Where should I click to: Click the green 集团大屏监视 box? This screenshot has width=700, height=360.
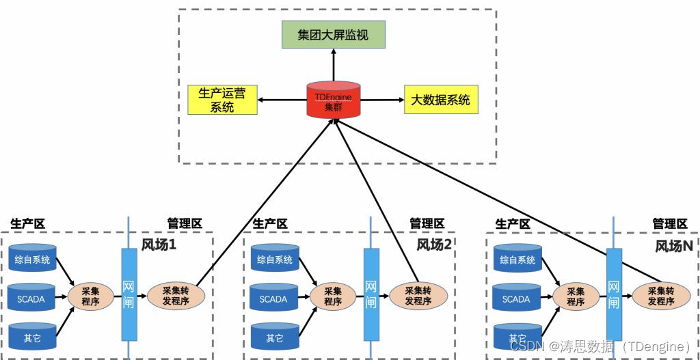pyautogui.click(x=334, y=35)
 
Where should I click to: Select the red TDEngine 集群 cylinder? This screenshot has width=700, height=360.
pyautogui.click(x=334, y=100)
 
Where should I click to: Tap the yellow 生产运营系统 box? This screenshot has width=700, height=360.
pyautogui.click(x=221, y=100)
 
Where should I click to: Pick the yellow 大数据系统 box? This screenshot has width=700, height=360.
pyautogui.click(x=440, y=100)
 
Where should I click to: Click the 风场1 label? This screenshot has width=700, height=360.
pyautogui.click(x=159, y=245)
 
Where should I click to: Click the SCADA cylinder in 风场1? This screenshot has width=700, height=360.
pyautogui.click(x=32, y=298)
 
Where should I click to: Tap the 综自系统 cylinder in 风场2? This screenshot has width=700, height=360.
pyautogui.click(x=275, y=259)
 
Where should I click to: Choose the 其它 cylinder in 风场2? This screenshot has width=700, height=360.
pyautogui.click(x=275, y=337)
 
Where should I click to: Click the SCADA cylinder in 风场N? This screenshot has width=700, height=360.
pyautogui.click(x=517, y=298)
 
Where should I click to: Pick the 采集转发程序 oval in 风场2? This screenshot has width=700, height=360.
pyautogui.click(x=418, y=295)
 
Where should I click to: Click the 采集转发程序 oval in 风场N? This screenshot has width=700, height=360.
pyautogui.click(x=661, y=295)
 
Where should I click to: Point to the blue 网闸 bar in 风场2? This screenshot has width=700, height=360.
pyautogui.click(x=371, y=294)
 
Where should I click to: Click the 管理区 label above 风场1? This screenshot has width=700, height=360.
pyautogui.click(x=185, y=223)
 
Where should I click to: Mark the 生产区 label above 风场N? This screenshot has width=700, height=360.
pyautogui.click(x=513, y=223)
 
